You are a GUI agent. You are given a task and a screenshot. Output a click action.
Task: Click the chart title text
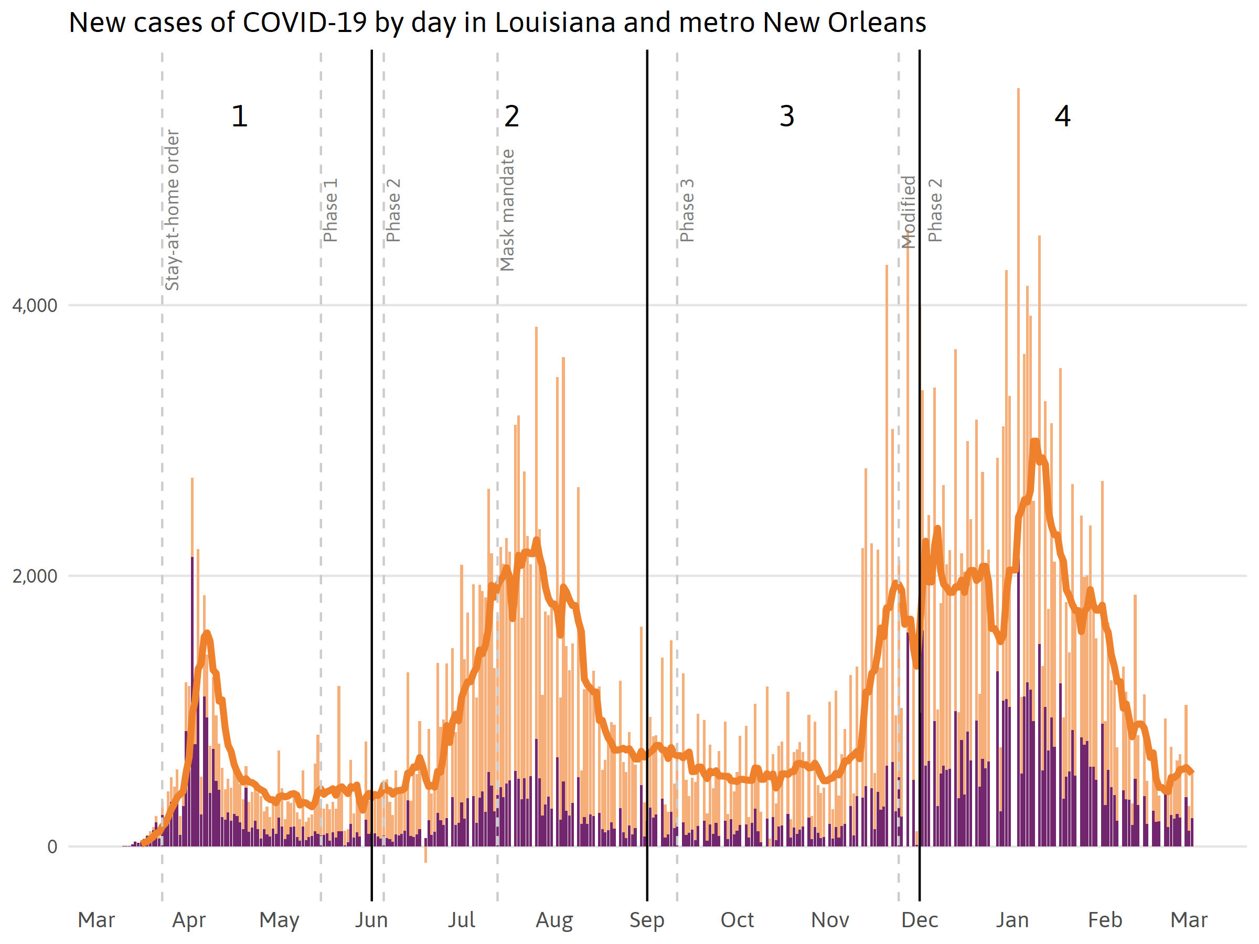click(497, 23)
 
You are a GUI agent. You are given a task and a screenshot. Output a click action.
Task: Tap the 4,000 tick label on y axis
click(35, 306)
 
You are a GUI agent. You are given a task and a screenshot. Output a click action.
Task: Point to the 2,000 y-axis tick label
click(35, 576)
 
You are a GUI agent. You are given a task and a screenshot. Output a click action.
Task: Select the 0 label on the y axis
click(52, 846)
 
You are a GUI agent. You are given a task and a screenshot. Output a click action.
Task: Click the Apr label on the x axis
click(189, 920)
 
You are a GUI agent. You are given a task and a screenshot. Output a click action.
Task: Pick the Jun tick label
click(371, 920)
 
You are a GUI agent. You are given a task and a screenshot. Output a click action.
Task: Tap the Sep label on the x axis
click(647, 920)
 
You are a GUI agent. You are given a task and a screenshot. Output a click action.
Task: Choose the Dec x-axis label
click(919, 920)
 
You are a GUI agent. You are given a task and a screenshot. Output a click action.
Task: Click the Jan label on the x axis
click(1012, 920)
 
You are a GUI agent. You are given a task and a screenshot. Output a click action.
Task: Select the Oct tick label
click(737, 920)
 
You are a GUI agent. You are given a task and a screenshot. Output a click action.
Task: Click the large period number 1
click(239, 116)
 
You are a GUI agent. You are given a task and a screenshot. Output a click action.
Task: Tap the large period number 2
click(511, 116)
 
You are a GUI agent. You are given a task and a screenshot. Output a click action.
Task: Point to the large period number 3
click(786, 116)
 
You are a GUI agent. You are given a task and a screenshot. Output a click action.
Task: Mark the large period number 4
click(1062, 116)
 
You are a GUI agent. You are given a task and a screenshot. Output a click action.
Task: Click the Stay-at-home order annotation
click(172, 210)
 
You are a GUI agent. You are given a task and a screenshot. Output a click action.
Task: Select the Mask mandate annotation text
click(507, 210)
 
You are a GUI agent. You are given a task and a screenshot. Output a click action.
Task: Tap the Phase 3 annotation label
click(687, 210)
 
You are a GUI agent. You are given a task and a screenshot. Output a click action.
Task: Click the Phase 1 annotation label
click(330, 210)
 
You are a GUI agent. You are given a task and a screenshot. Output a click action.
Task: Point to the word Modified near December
click(909, 212)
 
